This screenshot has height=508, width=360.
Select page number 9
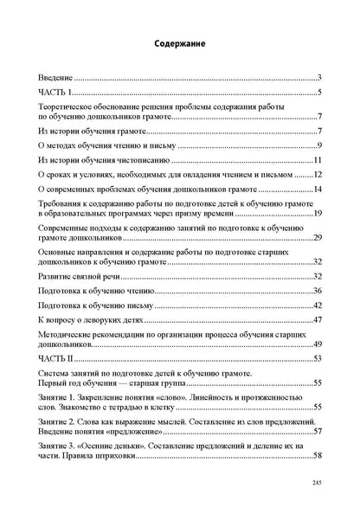[319, 145]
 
